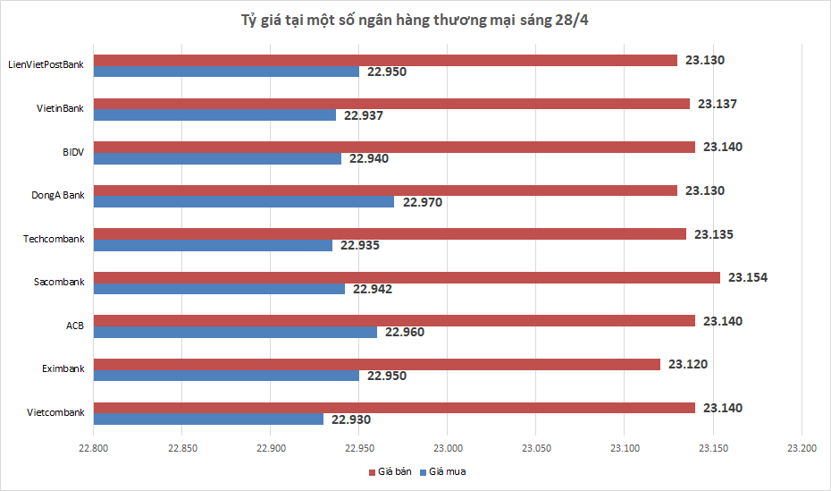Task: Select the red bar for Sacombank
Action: pyautogui.click(x=407, y=277)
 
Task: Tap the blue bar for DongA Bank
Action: pyautogui.click(x=244, y=202)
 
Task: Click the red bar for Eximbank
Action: pyautogui.click(x=377, y=364)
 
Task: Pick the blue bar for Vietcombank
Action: pyautogui.click(x=208, y=419)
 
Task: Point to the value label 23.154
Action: pyautogui.click(x=748, y=277)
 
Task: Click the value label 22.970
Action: pyautogui.click(x=423, y=202)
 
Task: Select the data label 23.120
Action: pyautogui.click(x=688, y=364)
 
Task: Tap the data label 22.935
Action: pyautogui.click(x=362, y=245)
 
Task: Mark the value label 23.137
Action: pyautogui.click(x=718, y=104)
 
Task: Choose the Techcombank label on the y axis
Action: pyautogui.click(x=55, y=239)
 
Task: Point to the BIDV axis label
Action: pyautogui.click(x=73, y=152)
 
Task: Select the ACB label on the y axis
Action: pyautogui.click(x=75, y=326)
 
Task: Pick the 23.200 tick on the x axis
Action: pyautogui.click(x=802, y=448)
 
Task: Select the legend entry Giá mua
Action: pyautogui.click(x=445, y=471)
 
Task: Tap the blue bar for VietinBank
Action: pyautogui.click(x=214, y=115)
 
